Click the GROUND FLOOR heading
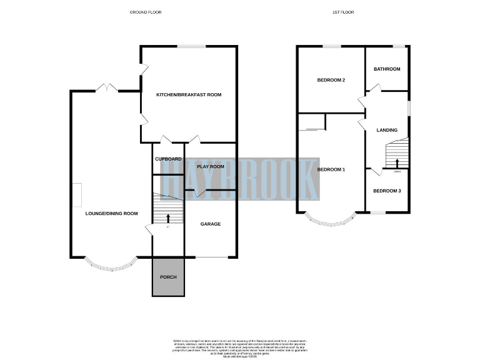[145, 12]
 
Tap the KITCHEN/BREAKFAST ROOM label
[189, 95]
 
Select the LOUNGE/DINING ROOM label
[111, 214]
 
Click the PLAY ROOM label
[210, 167]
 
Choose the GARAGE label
[210, 224]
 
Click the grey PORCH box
[168, 277]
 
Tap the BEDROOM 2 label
[331, 80]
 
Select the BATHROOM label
[387, 69]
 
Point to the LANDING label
[387, 130]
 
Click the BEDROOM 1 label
[331, 169]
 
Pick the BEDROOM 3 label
[387, 191]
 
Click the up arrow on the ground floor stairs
[168, 218]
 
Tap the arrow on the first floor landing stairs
[397, 164]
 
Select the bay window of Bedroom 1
[331, 221]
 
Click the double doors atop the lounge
[107, 87]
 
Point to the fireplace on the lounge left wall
[75, 194]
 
